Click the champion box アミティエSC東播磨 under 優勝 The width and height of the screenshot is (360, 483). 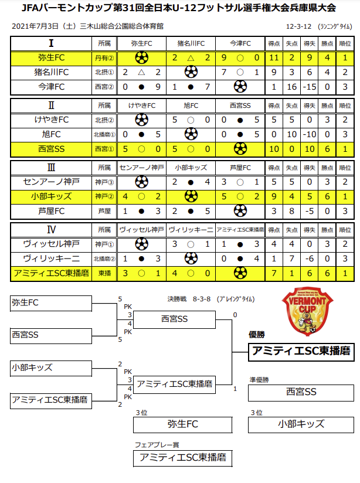click(x=301, y=351)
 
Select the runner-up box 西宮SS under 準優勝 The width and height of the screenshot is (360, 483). click(x=301, y=392)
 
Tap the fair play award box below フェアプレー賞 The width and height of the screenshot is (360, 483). click(x=180, y=457)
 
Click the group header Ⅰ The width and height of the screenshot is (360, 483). click(x=52, y=43)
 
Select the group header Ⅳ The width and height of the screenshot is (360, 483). click(x=52, y=229)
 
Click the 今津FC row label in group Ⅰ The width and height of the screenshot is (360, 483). click(x=52, y=86)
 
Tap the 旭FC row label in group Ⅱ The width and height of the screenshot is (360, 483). click(x=52, y=134)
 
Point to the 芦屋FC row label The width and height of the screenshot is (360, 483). click(x=52, y=210)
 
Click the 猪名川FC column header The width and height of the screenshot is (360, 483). click(x=191, y=43)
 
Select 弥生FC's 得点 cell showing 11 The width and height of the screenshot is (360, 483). click(x=274, y=57)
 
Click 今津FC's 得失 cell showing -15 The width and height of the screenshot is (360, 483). click(x=311, y=86)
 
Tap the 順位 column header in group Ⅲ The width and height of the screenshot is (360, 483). click(x=345, y=167)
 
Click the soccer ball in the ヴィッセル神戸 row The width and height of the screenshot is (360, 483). click(x=141, y=243)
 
